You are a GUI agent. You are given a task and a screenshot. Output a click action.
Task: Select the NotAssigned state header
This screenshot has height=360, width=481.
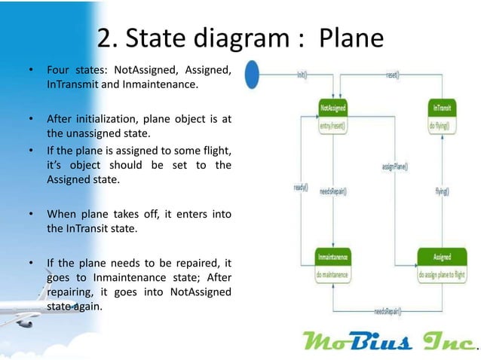(332, 109)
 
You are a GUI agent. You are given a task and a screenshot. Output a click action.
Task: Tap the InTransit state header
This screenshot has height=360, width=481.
(439, 109)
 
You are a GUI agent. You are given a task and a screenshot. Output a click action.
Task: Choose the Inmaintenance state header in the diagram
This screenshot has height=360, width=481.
(332, 258)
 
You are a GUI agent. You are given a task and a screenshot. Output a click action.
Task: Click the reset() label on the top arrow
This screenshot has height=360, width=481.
(393, 75)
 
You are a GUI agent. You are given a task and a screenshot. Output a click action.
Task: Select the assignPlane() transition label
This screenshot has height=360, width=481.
(394, 166)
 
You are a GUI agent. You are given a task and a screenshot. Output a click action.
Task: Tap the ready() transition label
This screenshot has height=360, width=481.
(299, 187)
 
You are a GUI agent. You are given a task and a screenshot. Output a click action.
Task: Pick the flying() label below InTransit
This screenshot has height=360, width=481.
(442, 191)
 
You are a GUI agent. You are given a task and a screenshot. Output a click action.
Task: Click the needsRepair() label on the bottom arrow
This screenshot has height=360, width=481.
(391, 310)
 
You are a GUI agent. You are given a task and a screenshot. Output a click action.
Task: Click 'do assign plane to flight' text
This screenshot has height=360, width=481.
(442, 275)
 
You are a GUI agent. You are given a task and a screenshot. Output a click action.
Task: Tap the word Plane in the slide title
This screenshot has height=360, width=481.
(351, 38)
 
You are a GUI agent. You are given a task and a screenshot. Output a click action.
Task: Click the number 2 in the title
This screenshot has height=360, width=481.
(106, 38)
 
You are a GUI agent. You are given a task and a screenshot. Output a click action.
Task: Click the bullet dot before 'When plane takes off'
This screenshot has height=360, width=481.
(31, 215)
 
